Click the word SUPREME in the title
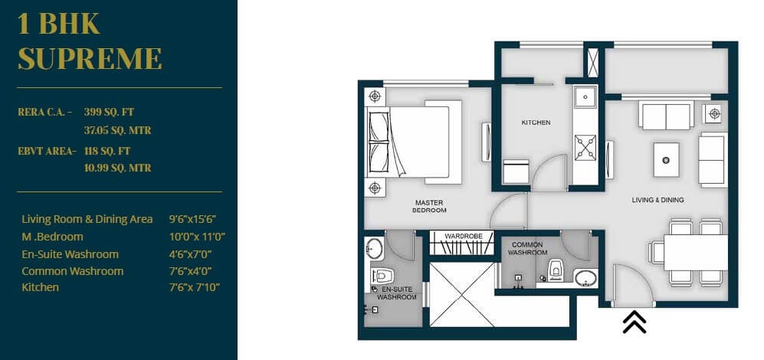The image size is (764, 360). click(90, 58)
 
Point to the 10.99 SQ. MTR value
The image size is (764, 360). click(117, 168)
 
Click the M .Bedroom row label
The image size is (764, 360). click(53, 237)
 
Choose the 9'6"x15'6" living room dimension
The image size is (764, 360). click(196, 219)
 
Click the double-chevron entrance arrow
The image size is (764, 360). click(634, 322)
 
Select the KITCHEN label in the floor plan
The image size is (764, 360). click(536, 123)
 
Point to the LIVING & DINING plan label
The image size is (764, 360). click(657, 200)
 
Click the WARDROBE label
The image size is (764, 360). click(464, 237)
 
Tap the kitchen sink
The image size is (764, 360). click(585, 98)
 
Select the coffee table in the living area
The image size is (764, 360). click(666, 159)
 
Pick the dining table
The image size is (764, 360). click(694, 251)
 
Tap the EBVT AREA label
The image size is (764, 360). click(47, 151)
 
